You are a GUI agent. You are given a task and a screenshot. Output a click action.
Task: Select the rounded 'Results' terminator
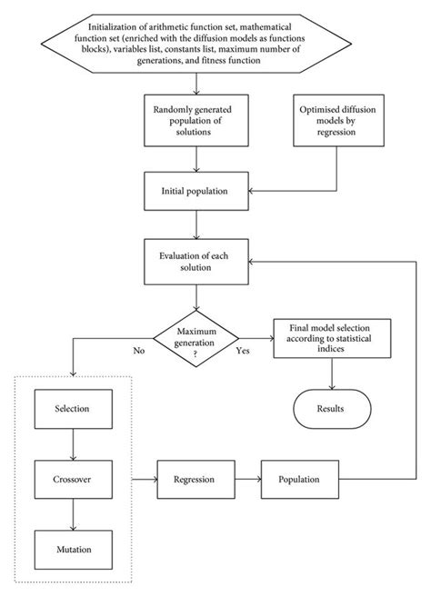[x=331, y=408]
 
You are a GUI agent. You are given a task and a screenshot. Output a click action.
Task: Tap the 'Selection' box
[x=72, y=408]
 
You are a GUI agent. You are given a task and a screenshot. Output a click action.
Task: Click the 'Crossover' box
[x=72, y=477]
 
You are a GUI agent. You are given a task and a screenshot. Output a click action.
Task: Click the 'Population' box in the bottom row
[x=303, y=477]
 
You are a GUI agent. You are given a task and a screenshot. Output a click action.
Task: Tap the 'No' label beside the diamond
[x=139, y=348]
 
